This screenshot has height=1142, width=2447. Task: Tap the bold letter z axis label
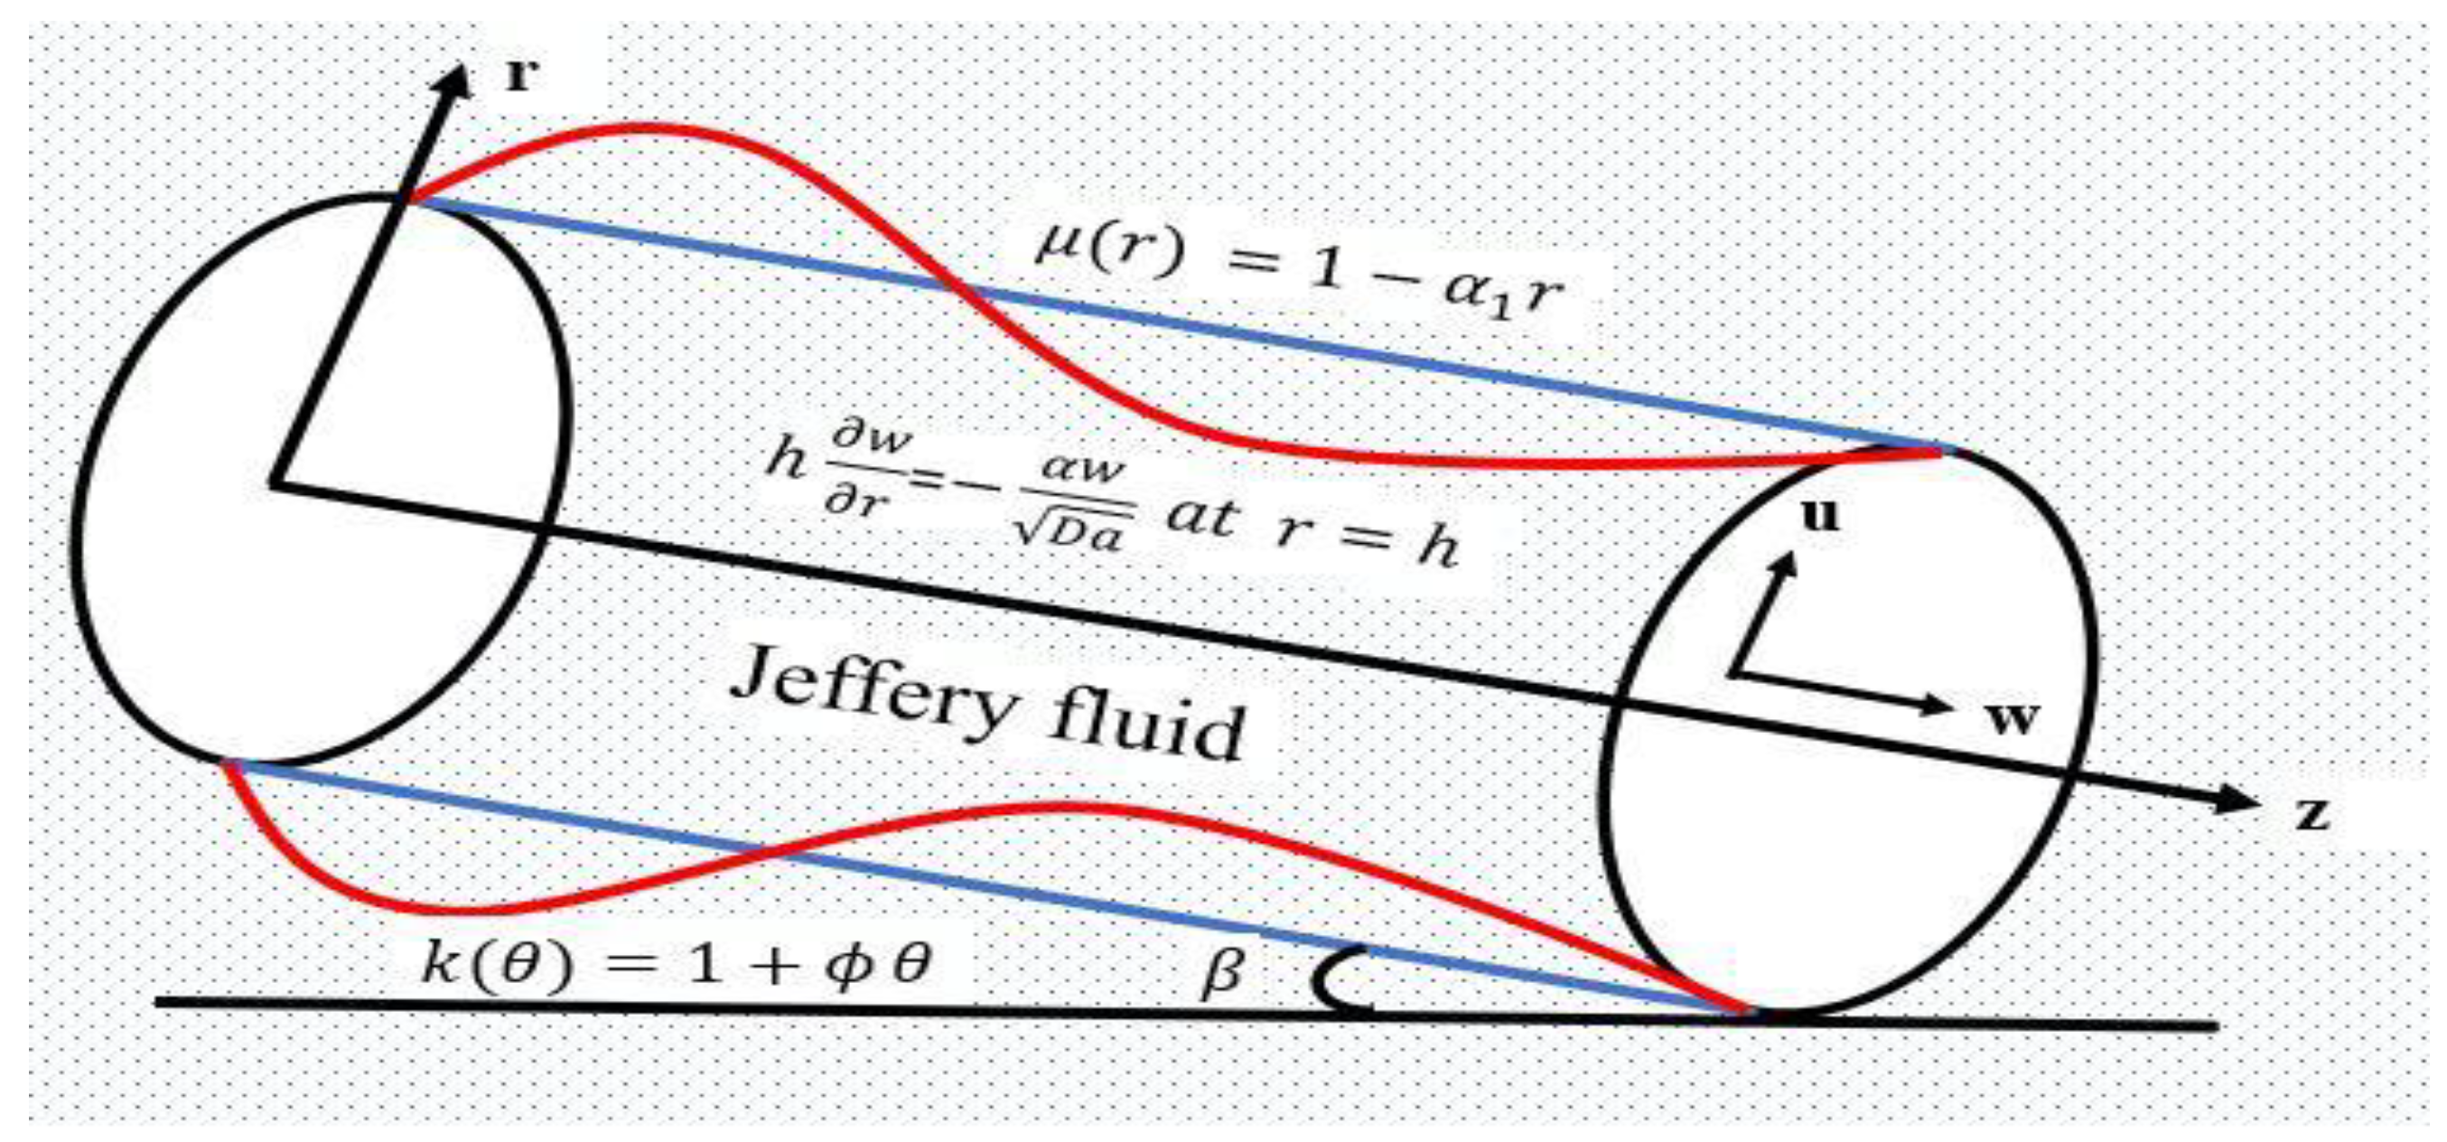tap(2312, 816)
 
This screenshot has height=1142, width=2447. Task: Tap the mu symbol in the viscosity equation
tap(1056, 248)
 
